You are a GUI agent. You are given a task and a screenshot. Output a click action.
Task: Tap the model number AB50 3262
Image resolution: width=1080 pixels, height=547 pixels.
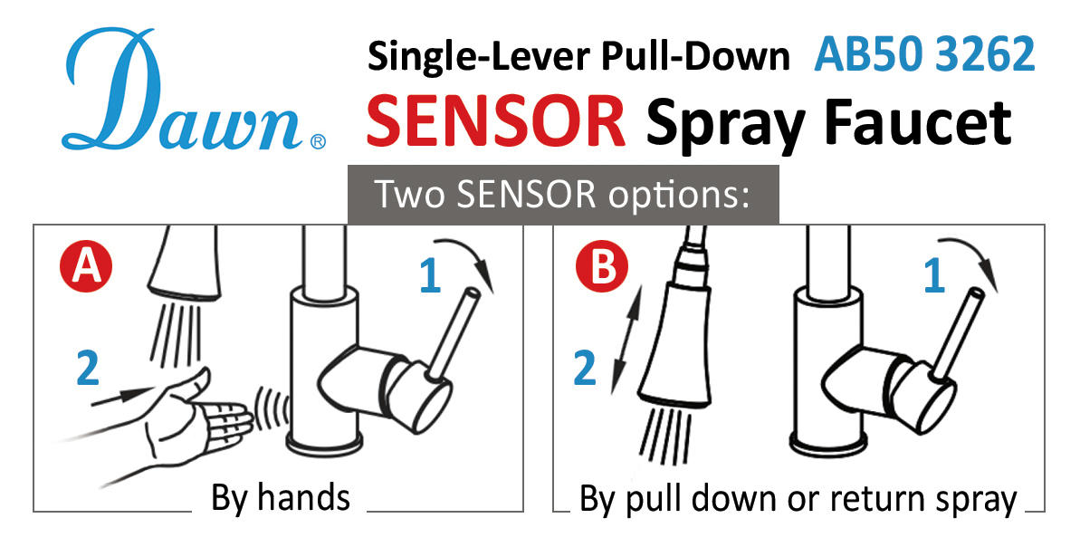pyautogui.click(x=923, y=55)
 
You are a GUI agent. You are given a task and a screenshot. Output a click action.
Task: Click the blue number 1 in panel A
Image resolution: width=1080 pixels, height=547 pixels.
pyautogui.click(x=430, y=276)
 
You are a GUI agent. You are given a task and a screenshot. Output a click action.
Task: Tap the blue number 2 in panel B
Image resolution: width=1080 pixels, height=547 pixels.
pyautogui.click(x=586, y=369)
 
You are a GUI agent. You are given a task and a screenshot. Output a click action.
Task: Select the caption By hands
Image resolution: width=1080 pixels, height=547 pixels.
pyautogui.click(x=280, y=498)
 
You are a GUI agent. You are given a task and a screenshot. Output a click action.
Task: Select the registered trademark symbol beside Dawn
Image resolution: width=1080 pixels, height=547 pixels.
pyautogui.click(x=318, y=142)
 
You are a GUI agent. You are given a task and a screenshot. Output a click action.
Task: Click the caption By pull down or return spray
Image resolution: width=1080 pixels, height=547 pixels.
pyautogui.click(x=798, y=499)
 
